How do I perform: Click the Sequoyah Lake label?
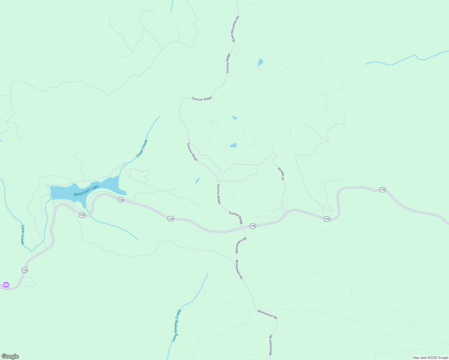pos(86,191)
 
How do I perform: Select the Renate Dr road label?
pos(281,174)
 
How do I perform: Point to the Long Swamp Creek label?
pos(176,325)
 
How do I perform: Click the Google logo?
pos(10,356)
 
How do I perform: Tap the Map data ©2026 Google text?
pos(430,358)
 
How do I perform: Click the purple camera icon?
pos(6,285)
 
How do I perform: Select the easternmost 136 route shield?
pos(382,190)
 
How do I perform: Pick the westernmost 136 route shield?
pos(25,270)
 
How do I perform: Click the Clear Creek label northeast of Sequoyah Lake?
pos(142,148)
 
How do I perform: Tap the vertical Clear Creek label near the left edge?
pos(22,235)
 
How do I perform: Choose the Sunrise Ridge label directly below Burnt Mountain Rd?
pos(228,63)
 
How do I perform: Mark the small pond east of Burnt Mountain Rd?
pos(260,62)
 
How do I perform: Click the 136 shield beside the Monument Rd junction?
pos(253,226)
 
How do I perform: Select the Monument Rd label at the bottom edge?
pos(270,345)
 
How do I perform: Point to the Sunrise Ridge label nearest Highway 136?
pos(236,218)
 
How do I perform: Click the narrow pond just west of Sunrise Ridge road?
pos(197,181)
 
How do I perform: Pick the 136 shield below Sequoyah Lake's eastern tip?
pos(121,199)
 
